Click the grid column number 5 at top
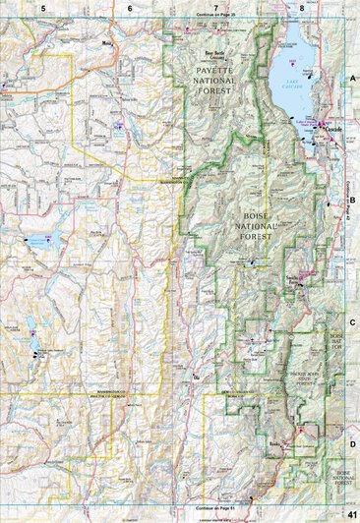point(41,7)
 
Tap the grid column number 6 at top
point(130,7)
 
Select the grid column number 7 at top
point(215,7)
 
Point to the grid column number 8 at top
point(302,7)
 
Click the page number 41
point(351,515)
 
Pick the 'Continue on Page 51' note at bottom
point(215,516)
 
